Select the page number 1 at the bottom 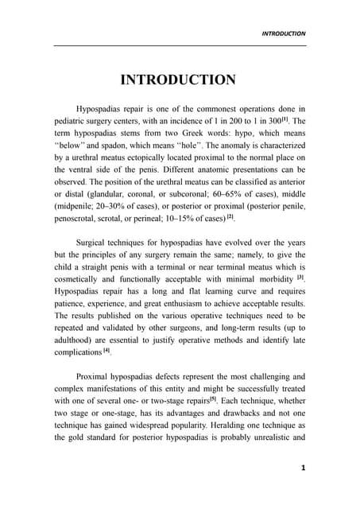coord(303,468)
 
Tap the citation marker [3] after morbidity coord(300,278)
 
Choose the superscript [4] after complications coord(106,349)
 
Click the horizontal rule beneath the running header coord(180,45)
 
